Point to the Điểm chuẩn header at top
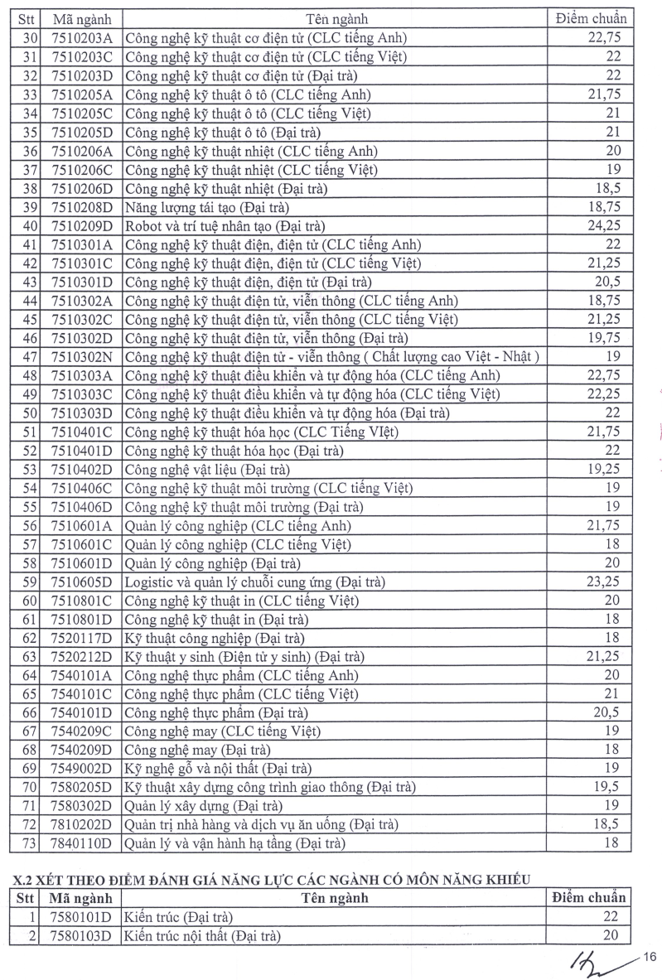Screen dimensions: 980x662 [590, 18]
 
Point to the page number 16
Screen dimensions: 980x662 [649, 958]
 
